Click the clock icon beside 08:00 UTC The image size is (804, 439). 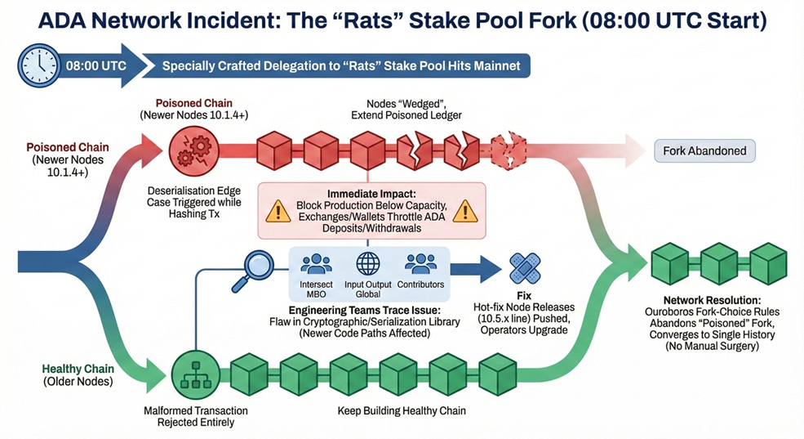tap(39, 66)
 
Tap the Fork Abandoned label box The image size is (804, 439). tap(704, 151)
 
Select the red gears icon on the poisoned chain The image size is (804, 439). tap(193, 151)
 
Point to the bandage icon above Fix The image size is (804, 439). tap(525, 268)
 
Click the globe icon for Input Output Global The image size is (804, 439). tap(367, 264)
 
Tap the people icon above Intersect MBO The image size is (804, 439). tap(316, 264)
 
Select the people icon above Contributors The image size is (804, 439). tap(420, 264)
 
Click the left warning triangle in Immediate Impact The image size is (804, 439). tap(278, 211)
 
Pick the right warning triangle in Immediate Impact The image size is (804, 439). tap(465, 211)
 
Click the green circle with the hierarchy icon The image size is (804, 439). tap(195, 375)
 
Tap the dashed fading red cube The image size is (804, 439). tap(509, 151)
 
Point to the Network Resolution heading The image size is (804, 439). tap(713, 300)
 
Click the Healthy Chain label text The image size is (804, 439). tap(78, 369)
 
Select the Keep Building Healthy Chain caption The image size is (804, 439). tap(402, 410)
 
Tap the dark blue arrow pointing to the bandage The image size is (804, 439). tap(476, 269)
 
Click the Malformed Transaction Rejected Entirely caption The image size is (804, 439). tap(195, 416)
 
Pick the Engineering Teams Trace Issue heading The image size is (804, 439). tap(365, 310)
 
